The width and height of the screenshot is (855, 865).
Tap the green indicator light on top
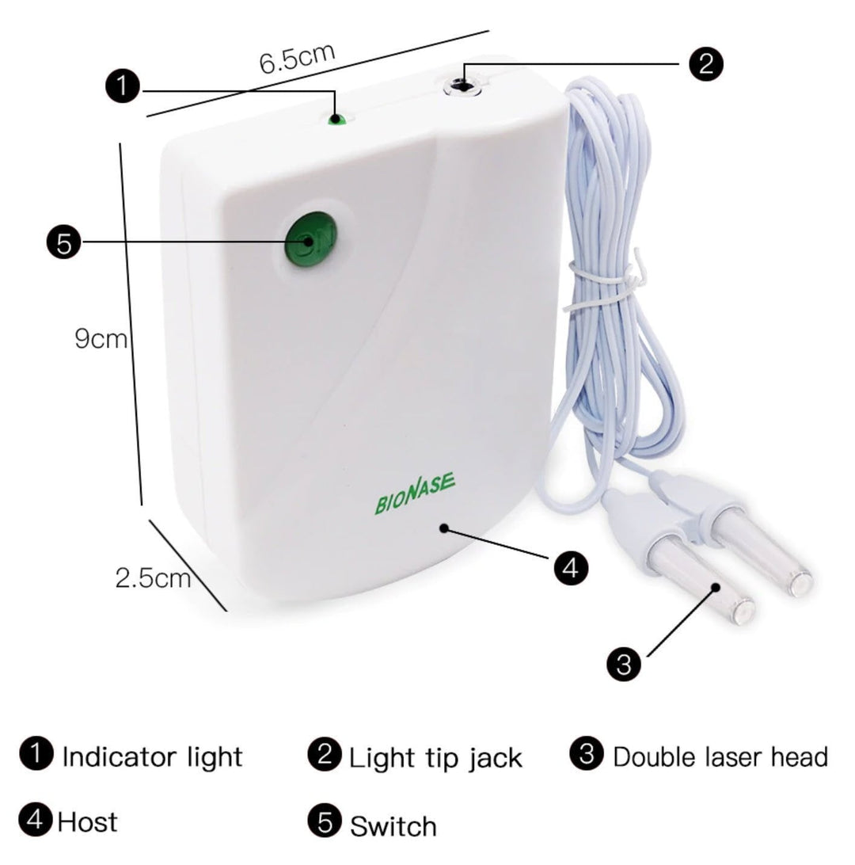(x=337, y=120)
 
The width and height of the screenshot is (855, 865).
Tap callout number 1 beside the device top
(x=123, y=86)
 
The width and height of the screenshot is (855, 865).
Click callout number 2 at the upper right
(x=705, y=63)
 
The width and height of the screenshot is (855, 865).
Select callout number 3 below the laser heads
(x=625, y=662)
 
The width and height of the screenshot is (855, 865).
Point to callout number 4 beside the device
(x=571, y=567)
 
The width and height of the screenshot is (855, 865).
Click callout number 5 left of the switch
(x=63, y=242)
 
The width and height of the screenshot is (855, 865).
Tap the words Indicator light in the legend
(x=152, y=756)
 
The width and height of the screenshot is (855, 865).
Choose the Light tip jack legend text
(x=435, y=758)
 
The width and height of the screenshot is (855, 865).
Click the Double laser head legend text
(x=720, y=756)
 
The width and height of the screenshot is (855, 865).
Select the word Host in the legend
(x=86, y=821)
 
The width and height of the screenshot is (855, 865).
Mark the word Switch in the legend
(x=393, y=826)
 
